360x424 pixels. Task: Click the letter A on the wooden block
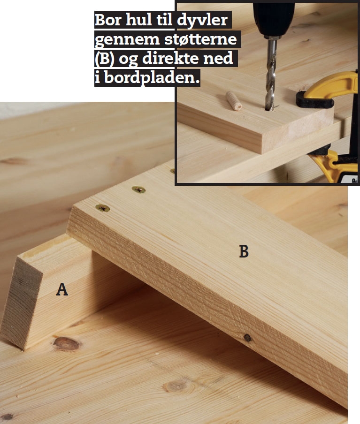(x=62, y=289)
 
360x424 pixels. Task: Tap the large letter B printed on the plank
(x=244, y=251)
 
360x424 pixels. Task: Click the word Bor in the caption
(x=108, y=20)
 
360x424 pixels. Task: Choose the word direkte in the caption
(x=170, y=58)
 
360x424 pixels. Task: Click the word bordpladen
(x=152, y=78)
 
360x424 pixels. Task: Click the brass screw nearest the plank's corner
(x=103, y=208)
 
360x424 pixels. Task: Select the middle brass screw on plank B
(x=138, y=190)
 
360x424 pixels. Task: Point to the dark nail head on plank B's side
(x=247, y=337)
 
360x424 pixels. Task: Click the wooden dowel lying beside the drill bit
(x=233, y=100)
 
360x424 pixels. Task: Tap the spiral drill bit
(x=271, y=75)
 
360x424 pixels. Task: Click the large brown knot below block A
(x=66, y=344)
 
